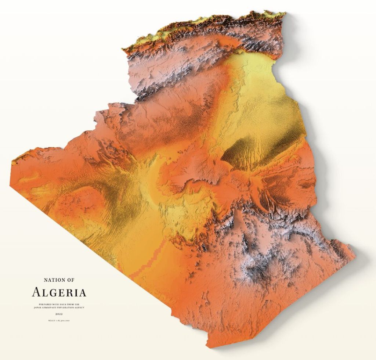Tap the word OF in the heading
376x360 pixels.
[x=70, y=280]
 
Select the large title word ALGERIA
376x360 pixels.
[x=59, y=293]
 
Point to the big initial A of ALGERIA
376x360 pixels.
[x=36, y=292]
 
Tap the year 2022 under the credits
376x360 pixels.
[x=59, y=314]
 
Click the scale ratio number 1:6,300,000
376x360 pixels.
[x=63, y=321]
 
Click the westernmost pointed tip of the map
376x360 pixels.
[x=11, y=162]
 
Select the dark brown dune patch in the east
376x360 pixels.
[x=239, y=154]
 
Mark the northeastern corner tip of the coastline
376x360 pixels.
[x=285, y=14]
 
